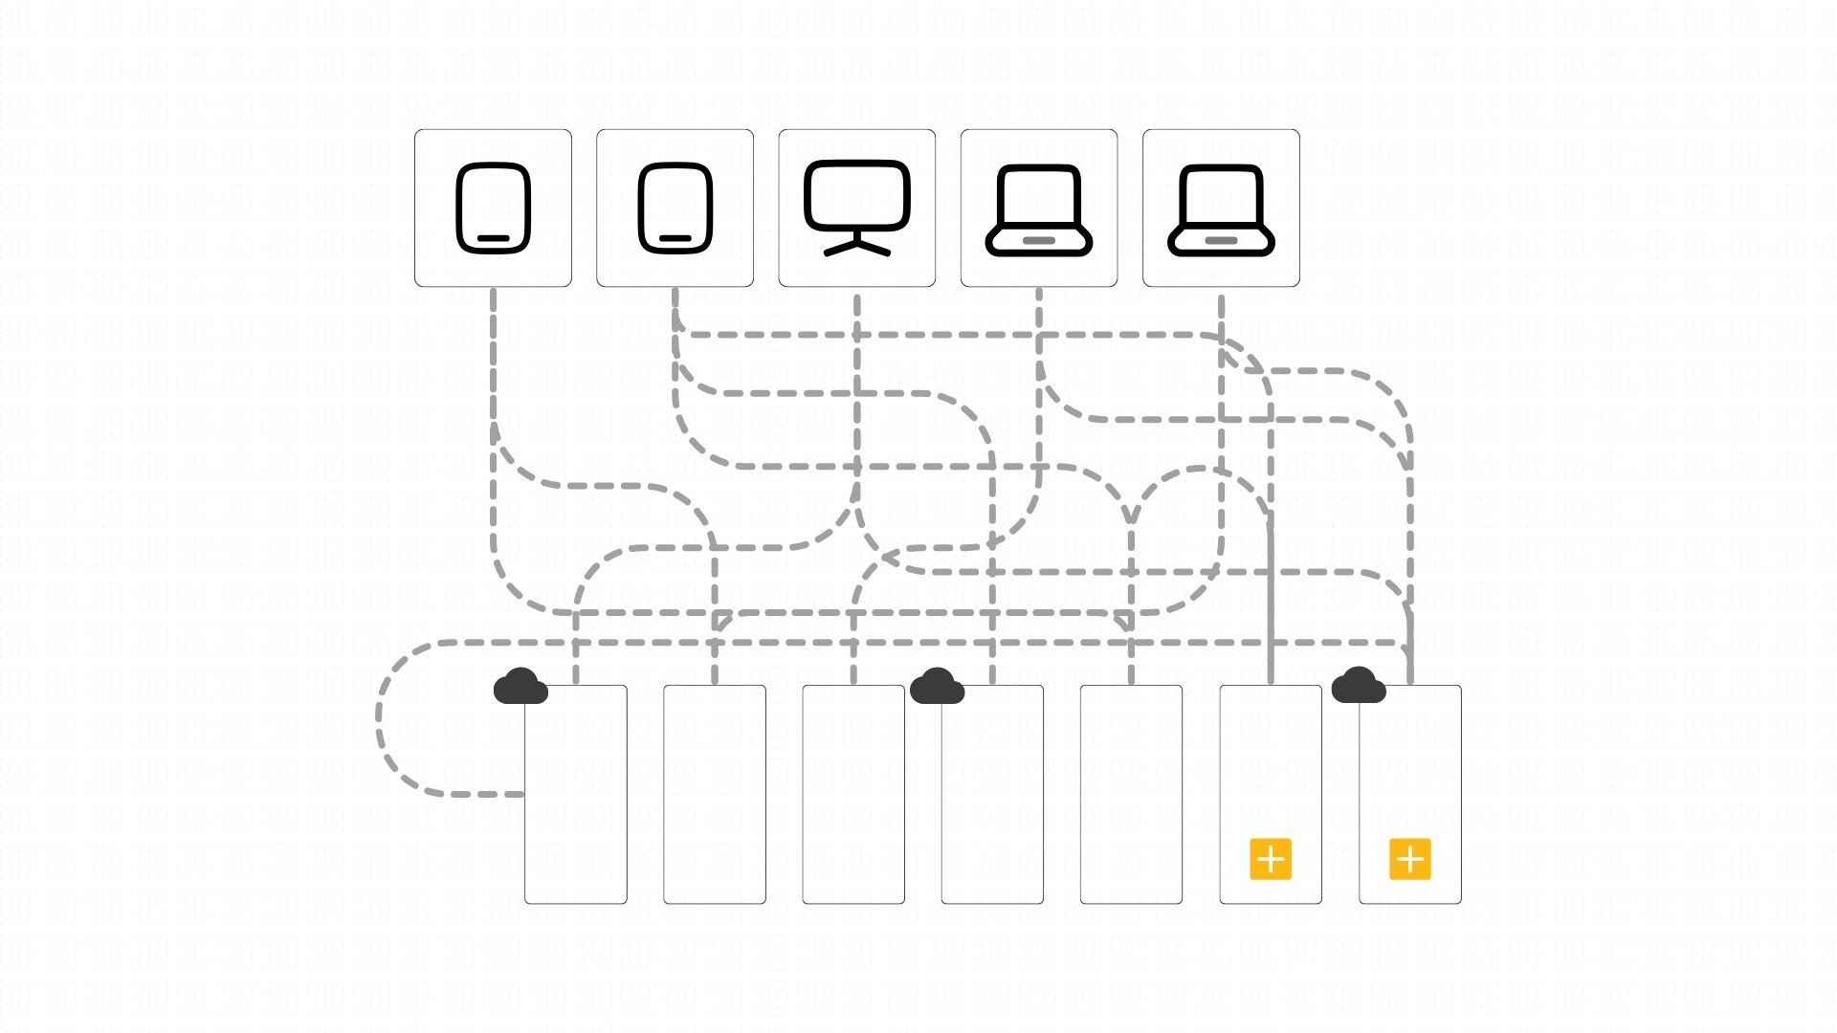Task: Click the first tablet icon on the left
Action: [x=493, y=208]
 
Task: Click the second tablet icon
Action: [x=675, y=208]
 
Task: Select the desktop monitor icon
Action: [x=856, y=208]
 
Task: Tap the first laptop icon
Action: [x=1039, y=208]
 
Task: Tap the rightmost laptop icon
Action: [x=1221, y=208]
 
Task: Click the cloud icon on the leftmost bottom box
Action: [x=520, y=687]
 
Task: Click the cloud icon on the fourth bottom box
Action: [x=937, y=687]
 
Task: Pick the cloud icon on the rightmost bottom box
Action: [x=1358, y=686]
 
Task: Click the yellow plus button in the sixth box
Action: [x=1271, y=859]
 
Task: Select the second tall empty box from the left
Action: [x=715, y=794]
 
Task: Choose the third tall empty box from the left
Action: [x=853, y=794]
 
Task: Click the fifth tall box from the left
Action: [x=1131, y=794]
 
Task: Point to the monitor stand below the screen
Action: [x=857, y=247]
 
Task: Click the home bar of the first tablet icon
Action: [x=493, y=238]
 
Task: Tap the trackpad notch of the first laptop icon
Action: [x=1039, y=240]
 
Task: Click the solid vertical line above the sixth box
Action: [x=1271, y=603]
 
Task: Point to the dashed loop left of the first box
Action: [x=381, y=717]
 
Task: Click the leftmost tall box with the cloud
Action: [x=576, y=803]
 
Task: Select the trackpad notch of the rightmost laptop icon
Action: [x=1221, y=240]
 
